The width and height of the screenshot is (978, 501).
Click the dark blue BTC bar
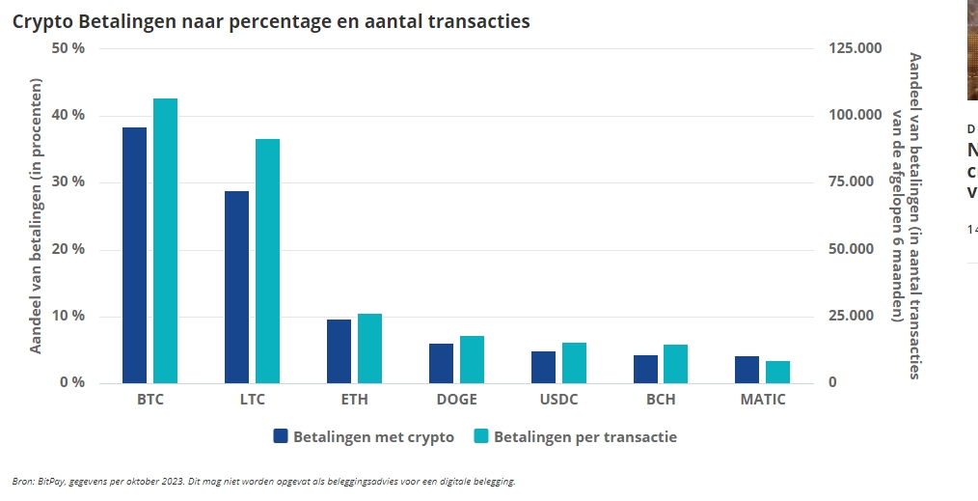pyautogui.click(x=135, y=255)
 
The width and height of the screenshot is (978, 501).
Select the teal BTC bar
pyautogui.click(x=166, y=240)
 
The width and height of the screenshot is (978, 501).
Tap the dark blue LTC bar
pyautogui.click(x=236, y=287)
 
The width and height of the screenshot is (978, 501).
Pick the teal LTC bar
pyautogui.click(x=267, y=261)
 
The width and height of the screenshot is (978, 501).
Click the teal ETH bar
pyautogui.click(x=369, y=348)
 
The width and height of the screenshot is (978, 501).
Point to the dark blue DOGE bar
pyautogui.click(x=441, y=363)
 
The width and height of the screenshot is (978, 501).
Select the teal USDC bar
pyautogui.click(x=574, y=363)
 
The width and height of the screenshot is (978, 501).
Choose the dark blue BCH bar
pyautogui.click(x=645, y=369)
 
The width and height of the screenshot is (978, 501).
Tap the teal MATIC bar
pyautogui.click(x=778, y=372)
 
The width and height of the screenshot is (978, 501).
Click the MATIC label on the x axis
pyautogui.click(x=762, y=400)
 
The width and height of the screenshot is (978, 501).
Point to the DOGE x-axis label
pyautogui.click(x=456, y=400)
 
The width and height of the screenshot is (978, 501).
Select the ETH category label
pyautogui.click(x=354, y=400)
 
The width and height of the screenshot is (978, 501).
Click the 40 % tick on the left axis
pyautogui.click(x=67, y=116)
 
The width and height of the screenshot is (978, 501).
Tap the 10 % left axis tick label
pyautogui.click(x=67, y=317)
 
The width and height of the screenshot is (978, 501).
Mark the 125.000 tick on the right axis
pyautogui.click(x=855, y=49)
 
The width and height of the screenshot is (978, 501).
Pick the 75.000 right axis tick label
pyautogui.click(x=855, y=182)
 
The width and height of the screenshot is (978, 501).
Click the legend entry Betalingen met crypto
pyautogui.click(x=365, y=437)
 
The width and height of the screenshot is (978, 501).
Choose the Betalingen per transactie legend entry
pyautogui.click(x=576, y=437)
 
